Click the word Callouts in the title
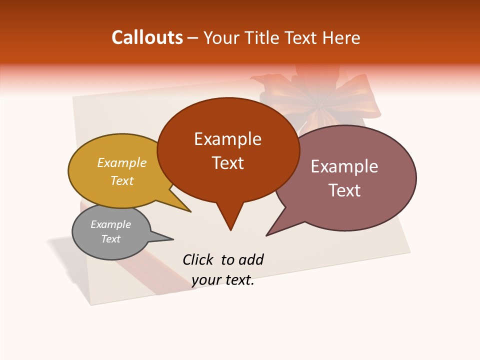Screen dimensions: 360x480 pos(147,37)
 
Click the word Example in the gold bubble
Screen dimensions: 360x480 pos(122,162)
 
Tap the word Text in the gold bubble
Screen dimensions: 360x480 pos(122,180)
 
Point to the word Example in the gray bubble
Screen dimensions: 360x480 pos(110,224)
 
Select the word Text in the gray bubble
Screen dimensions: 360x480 pos(110,239)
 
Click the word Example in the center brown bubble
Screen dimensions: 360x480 pos(227,139)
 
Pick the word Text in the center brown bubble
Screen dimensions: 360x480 pos(227,163)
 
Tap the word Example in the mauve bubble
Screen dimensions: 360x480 pos(344,166)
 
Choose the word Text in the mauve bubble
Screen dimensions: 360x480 pos(344,190)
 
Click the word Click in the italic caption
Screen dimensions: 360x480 pos(198,259)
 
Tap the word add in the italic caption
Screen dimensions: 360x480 pos(251,259)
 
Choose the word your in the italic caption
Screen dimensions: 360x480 pos(205,280)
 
